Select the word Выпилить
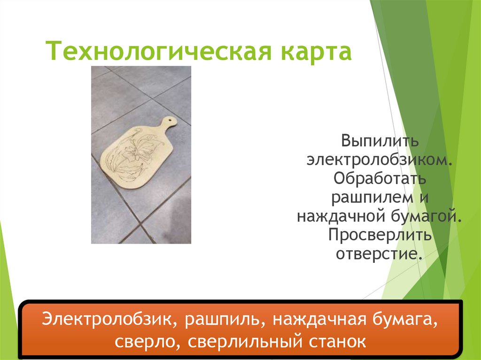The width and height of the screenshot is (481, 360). (x=380, y=140)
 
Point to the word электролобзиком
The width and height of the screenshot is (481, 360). (x=380, y=160)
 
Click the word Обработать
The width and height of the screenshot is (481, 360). (x=380, y=179)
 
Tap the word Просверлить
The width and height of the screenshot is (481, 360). (x=380, y=235)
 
